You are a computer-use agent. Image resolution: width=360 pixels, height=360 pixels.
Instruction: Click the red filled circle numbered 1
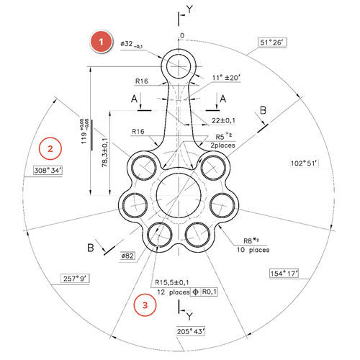101,42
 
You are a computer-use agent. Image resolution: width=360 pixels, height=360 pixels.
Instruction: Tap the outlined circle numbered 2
50,148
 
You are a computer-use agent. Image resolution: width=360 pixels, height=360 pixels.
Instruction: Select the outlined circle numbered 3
145,305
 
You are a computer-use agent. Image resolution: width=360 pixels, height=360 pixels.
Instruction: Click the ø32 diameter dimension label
132,45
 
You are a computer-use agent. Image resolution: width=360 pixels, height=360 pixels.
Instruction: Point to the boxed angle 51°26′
272,42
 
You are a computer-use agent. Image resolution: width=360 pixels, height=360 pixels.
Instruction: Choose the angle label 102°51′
304,163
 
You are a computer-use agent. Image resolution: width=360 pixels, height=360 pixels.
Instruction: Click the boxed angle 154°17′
284,274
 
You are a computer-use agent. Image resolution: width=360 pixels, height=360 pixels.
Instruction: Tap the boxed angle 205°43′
191,331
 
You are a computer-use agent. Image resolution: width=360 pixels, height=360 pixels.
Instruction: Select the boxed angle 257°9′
75,279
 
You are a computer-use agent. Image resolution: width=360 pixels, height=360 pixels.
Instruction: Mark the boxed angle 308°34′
48,171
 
